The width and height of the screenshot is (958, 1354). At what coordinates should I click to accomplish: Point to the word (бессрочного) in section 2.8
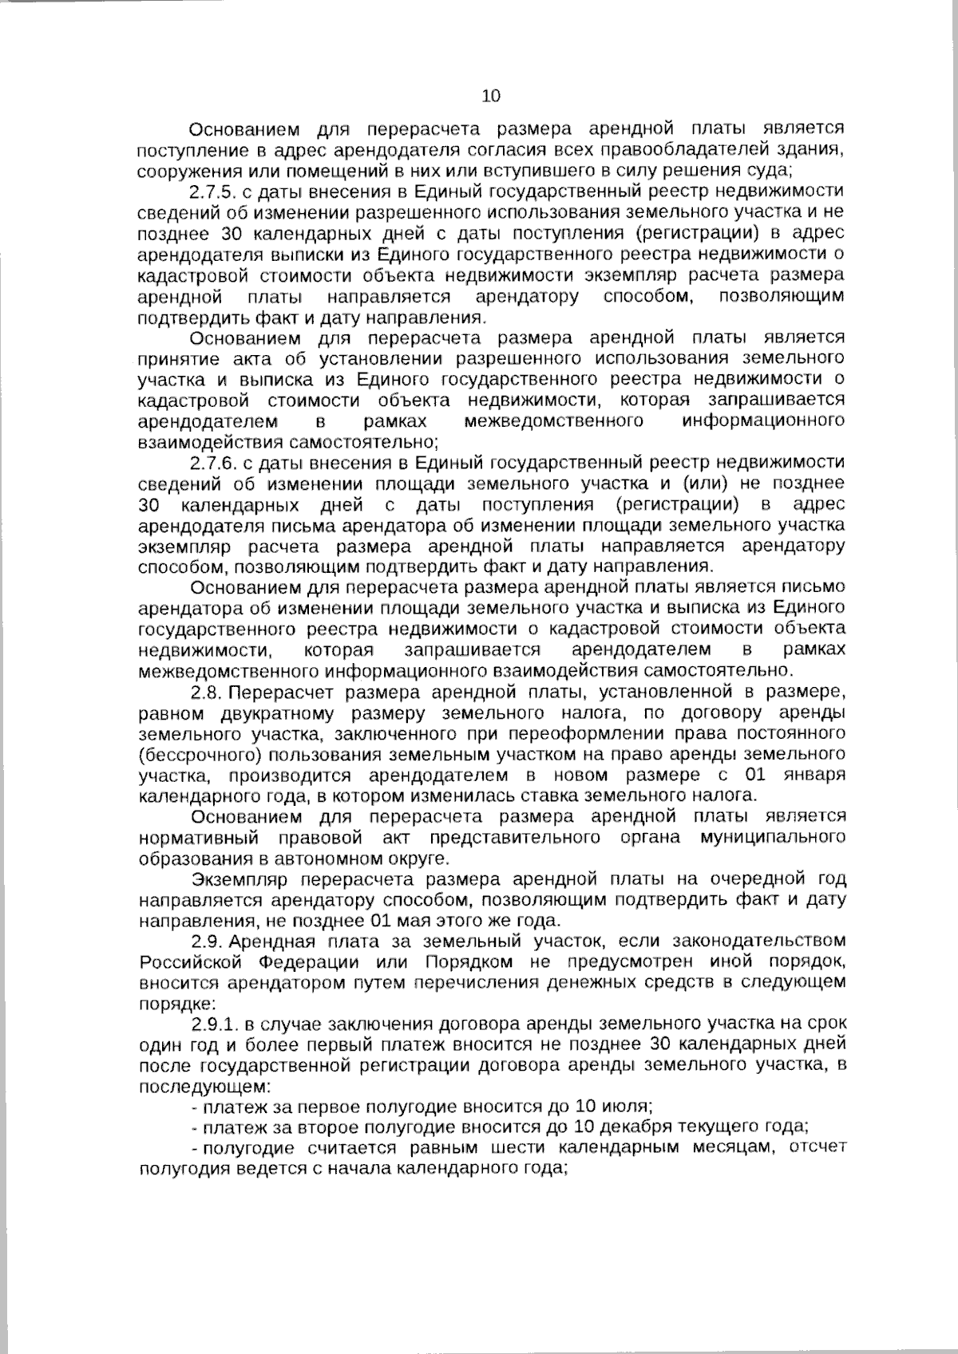tap(190, 753)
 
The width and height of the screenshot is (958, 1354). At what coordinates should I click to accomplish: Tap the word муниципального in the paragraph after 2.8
tap(773, 838)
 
